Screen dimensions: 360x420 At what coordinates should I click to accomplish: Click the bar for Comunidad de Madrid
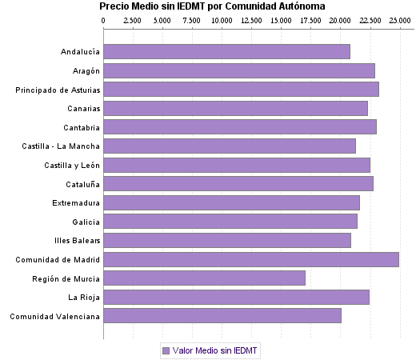click(250, 259)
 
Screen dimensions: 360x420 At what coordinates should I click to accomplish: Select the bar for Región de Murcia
click(204, 278)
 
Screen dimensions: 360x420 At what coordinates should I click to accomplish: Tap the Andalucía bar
click(226, 52)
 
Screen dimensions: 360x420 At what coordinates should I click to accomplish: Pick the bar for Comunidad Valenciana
click(222, 316)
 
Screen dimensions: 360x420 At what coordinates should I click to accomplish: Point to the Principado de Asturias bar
click(241, 90)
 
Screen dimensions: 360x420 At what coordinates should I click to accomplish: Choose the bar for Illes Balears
click(227, 240)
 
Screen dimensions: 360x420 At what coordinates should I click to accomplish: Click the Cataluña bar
click(238, 184)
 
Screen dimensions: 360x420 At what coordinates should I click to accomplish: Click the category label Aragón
click(86, 71)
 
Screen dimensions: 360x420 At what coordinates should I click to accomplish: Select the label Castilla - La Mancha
click(62, 146)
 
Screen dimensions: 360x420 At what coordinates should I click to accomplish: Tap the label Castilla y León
click(72, 165)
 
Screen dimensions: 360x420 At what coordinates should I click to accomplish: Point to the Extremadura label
click(76, 202)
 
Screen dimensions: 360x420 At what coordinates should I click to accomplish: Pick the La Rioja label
click(84, 297)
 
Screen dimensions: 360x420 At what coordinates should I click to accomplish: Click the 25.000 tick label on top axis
click(399, 18)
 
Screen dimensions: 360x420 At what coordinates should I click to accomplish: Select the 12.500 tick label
click(251, 18)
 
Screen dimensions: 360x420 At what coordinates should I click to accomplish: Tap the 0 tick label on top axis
click(104, 18)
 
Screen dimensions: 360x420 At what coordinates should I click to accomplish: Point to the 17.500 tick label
click(310, 18)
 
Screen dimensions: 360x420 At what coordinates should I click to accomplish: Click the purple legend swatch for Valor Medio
click(166, 350)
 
